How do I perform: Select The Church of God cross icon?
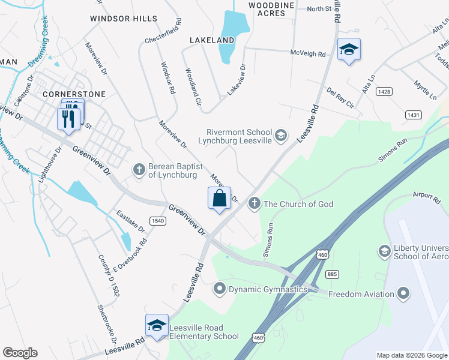pos(254,204)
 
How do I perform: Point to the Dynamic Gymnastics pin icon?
pos(219,289)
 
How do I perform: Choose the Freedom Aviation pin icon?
pos(403,294)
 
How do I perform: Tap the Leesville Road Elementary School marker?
pos(157,326)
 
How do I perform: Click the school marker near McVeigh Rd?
pos(348,50)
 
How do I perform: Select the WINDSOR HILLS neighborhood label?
pos(123,19)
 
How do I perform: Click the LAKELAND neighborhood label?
pos(211,40)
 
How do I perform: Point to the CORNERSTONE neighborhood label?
pos(74,94)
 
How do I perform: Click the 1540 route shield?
pos(158,221)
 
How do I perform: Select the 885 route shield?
pos(331,274)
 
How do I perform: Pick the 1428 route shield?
pos(385,92)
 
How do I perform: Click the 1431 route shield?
pos(413,115)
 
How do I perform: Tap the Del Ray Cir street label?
pos(340,98)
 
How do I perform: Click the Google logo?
pos(20,353)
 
